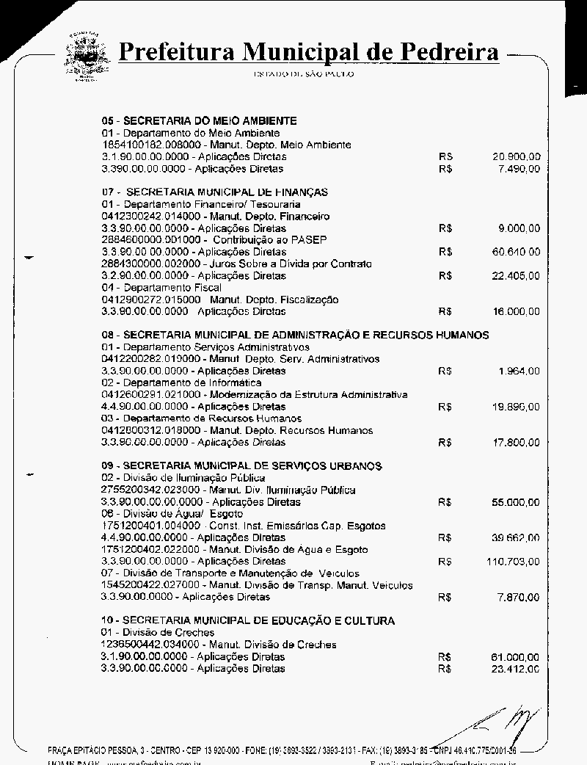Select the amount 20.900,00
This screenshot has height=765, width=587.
(517, 157)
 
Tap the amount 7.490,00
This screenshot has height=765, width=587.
(519, 169)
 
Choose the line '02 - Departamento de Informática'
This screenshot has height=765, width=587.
(181, 383)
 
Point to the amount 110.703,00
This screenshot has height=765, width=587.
(513, 562)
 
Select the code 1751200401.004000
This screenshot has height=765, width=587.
(150, 526)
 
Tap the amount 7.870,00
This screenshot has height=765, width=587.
(519, 598)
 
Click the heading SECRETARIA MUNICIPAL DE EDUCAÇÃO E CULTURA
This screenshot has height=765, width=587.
(248, 621)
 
